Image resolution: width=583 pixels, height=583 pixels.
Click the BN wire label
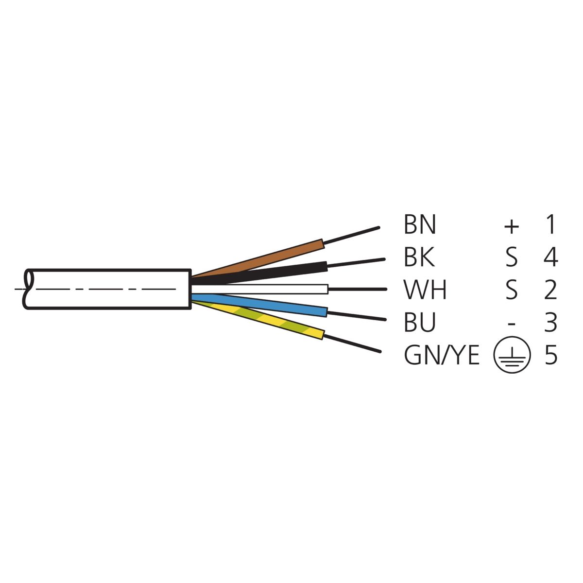pos(420,224)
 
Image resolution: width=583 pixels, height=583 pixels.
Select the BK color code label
pos(419,257)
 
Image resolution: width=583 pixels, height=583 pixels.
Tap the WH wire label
pos(425,290)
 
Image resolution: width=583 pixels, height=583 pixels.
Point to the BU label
pos(420,322)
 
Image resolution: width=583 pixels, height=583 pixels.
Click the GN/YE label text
pos(442,355)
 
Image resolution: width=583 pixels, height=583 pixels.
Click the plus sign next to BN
pos(511,226)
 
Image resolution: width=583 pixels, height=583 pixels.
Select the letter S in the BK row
pos(511,257)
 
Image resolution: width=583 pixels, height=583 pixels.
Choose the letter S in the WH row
pos(511,290)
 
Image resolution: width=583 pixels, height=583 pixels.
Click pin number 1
pos(551,224)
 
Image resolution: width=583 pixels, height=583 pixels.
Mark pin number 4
pos(550,257)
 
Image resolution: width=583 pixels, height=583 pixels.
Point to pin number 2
pos(550,290)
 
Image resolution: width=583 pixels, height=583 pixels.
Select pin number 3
pos(550,322)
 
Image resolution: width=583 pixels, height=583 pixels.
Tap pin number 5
pos(550,355)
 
